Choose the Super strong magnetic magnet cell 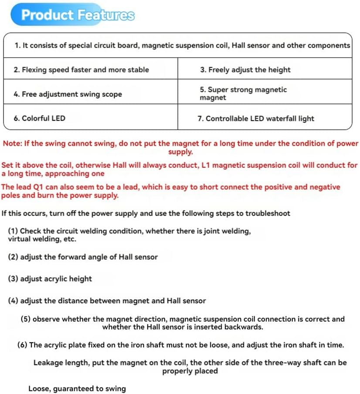click(x=243, y=94)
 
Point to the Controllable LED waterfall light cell click(x=260, y=119)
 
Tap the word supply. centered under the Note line click(x=180, y=152)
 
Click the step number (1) click(x=13, y=231)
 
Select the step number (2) click(x=13, y=257)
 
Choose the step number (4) click(x=13, y=301)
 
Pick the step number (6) click(x=23, y=345)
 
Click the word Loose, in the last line click(x=40, y=389)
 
